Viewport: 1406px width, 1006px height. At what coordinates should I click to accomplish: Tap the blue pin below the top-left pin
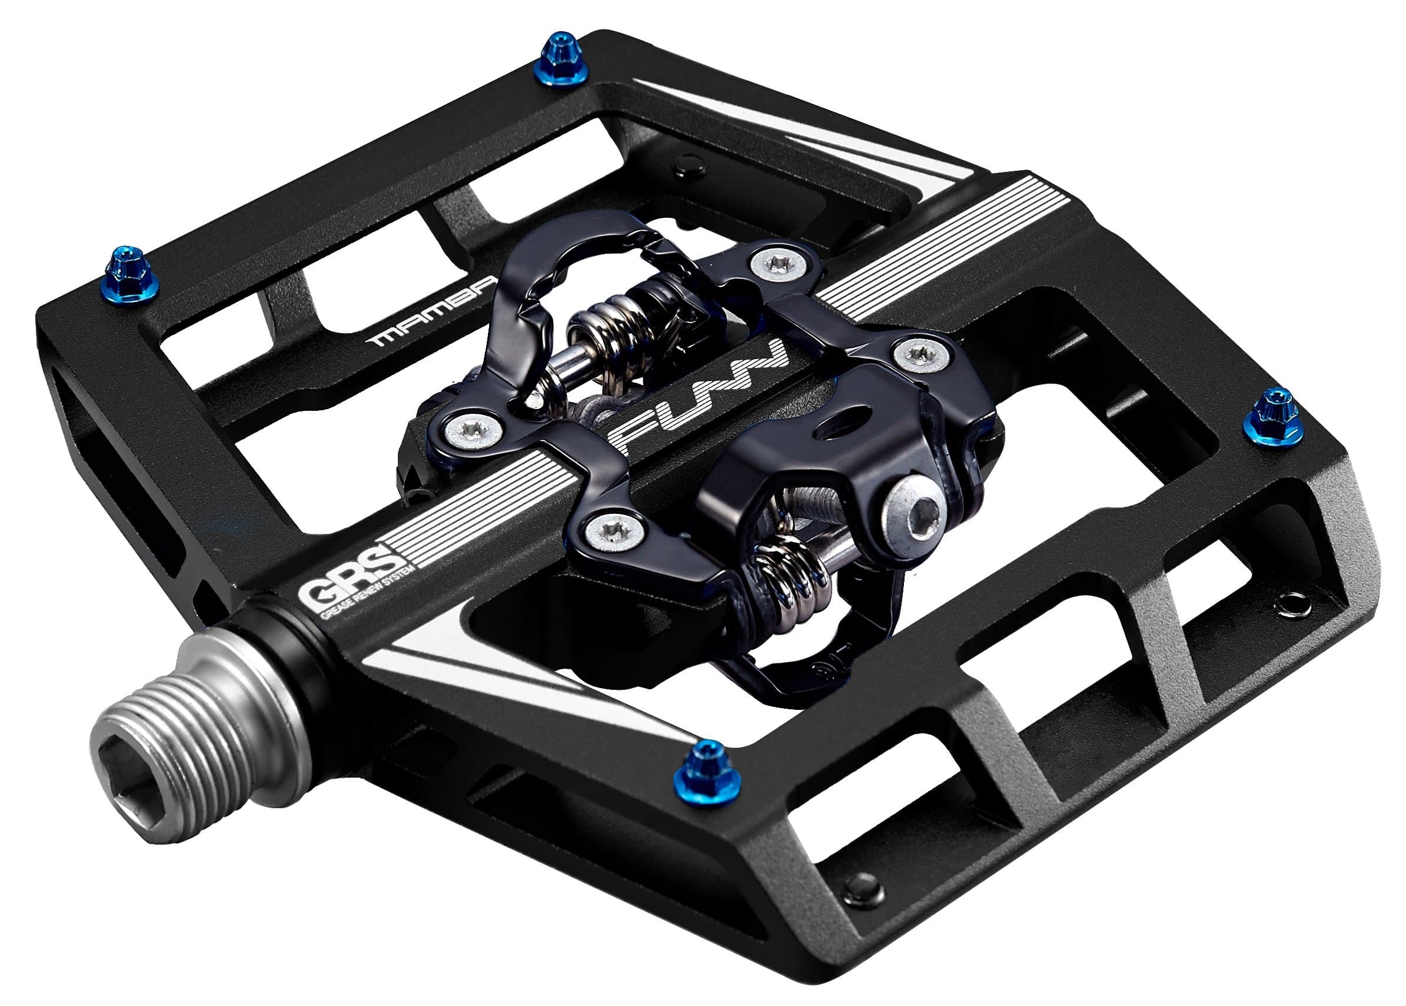coord(132,276)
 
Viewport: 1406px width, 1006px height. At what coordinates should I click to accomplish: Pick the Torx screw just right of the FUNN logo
coord(922,355)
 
